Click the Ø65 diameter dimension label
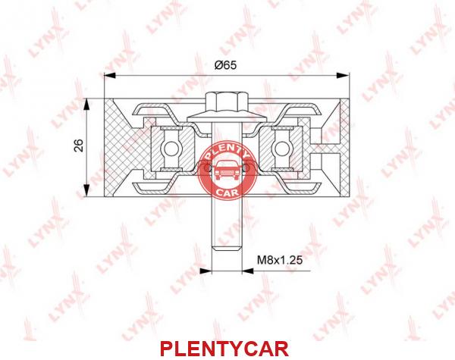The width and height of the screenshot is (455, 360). click(225, 64)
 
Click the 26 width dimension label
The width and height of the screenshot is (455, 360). click(79, 146)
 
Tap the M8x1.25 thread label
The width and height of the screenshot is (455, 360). click(280, 260)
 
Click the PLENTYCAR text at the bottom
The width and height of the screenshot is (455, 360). click(224, 349)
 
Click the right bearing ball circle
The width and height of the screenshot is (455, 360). click(281, 149)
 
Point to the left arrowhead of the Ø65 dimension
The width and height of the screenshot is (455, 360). click(110, 76)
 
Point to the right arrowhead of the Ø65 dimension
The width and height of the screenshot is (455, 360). click(344, 76)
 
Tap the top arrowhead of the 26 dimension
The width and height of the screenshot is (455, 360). click(86, 105)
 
